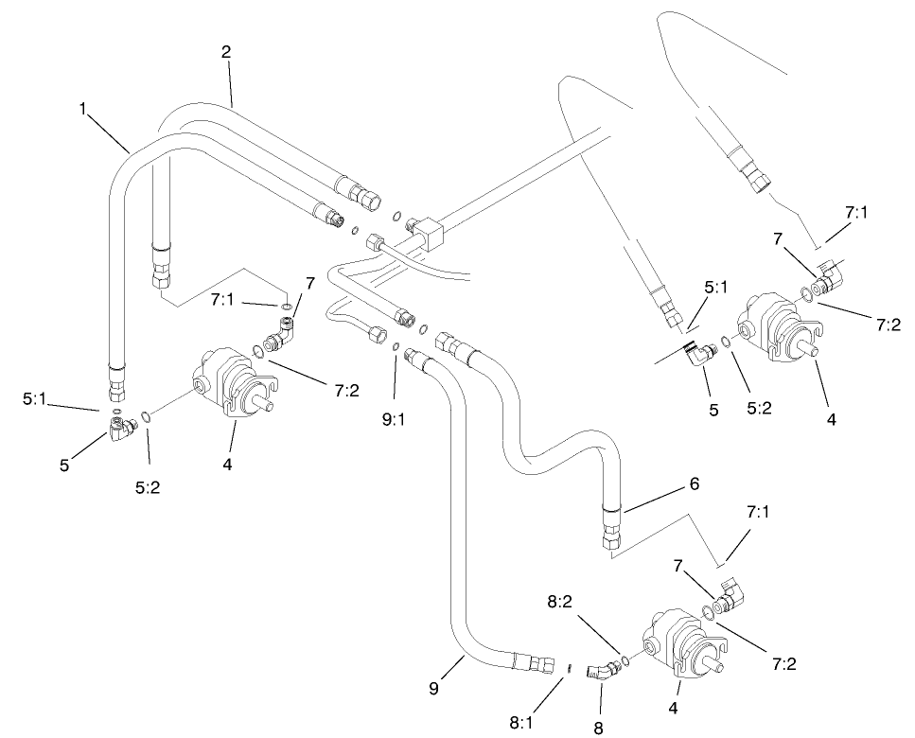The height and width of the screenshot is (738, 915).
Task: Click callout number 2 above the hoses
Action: tap(226, 53)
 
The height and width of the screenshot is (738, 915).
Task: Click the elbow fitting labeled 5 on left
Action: tap(120, 430)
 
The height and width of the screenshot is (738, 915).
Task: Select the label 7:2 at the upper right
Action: tap(889, 325)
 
